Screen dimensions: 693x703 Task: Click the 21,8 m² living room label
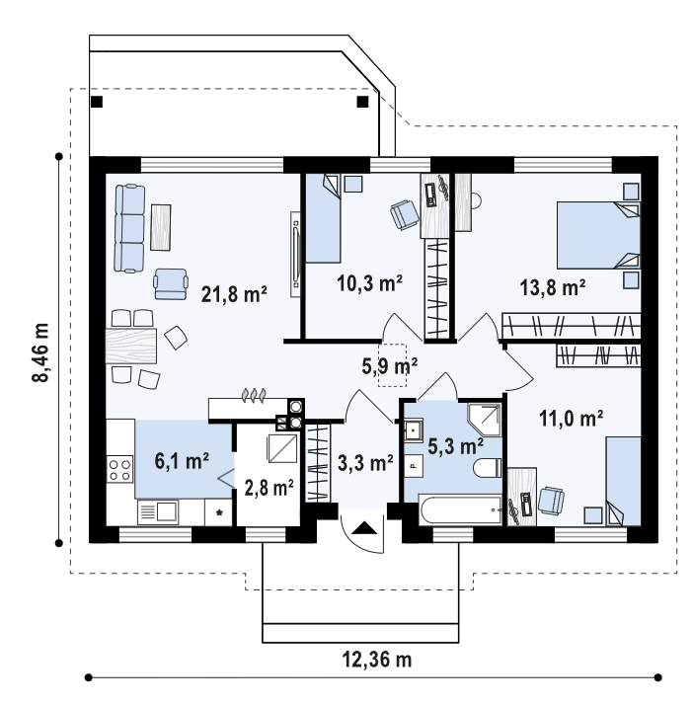click(x=234, y=294)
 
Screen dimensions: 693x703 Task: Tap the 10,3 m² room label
click(x=369, y=283)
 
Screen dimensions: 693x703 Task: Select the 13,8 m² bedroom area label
click(x=552, y=287)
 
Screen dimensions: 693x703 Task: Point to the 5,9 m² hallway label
click(x=390, y=366)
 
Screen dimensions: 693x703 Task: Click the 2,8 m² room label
click(x=269, y=488)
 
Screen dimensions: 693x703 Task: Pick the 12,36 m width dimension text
click(x=376, y=660)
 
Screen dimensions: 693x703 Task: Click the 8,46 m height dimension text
click(x=40, y=352)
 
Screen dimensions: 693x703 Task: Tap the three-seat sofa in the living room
click(x=130, y=229)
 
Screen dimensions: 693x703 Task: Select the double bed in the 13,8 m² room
click(x=598, y=235)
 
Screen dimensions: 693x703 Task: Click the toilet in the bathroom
click(x=488, y=468)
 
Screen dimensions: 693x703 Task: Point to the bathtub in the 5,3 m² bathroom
click(x=460, y=509)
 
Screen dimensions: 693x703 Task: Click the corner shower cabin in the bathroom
click(x=485, y=420)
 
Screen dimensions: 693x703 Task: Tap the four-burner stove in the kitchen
click(x=119, y=469)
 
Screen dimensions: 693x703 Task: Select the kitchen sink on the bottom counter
click(x=158, y=512)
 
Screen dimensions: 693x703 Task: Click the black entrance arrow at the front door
click(x=364, y=527)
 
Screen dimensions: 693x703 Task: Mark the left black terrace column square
click(x=97, y=102)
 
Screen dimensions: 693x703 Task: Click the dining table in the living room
click(x=131, y=346)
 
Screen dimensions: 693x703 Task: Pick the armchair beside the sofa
click(x=171, y=283)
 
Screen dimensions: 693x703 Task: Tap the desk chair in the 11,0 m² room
click(x=551, y=501)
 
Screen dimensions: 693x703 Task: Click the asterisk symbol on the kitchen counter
click(x=219, y=512)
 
